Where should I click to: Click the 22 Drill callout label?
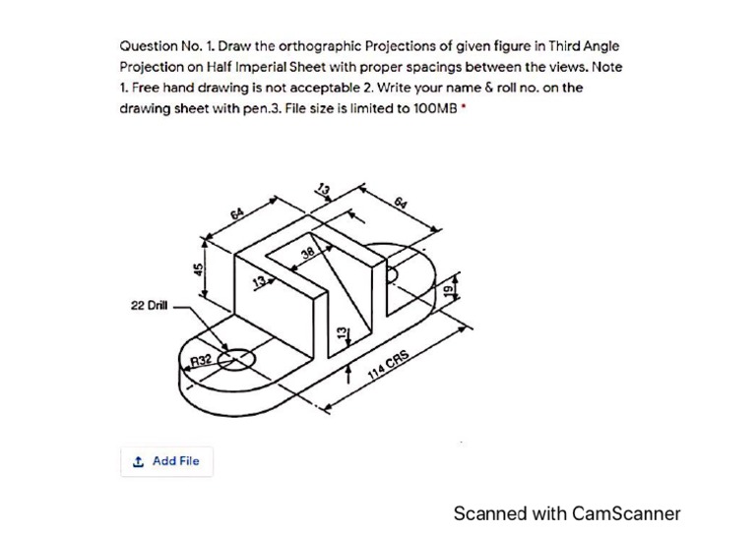149,306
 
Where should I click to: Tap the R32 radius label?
203,360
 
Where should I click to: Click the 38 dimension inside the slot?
308,255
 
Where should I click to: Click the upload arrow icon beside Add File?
138,460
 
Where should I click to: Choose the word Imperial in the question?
242,67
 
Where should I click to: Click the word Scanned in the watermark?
490,513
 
